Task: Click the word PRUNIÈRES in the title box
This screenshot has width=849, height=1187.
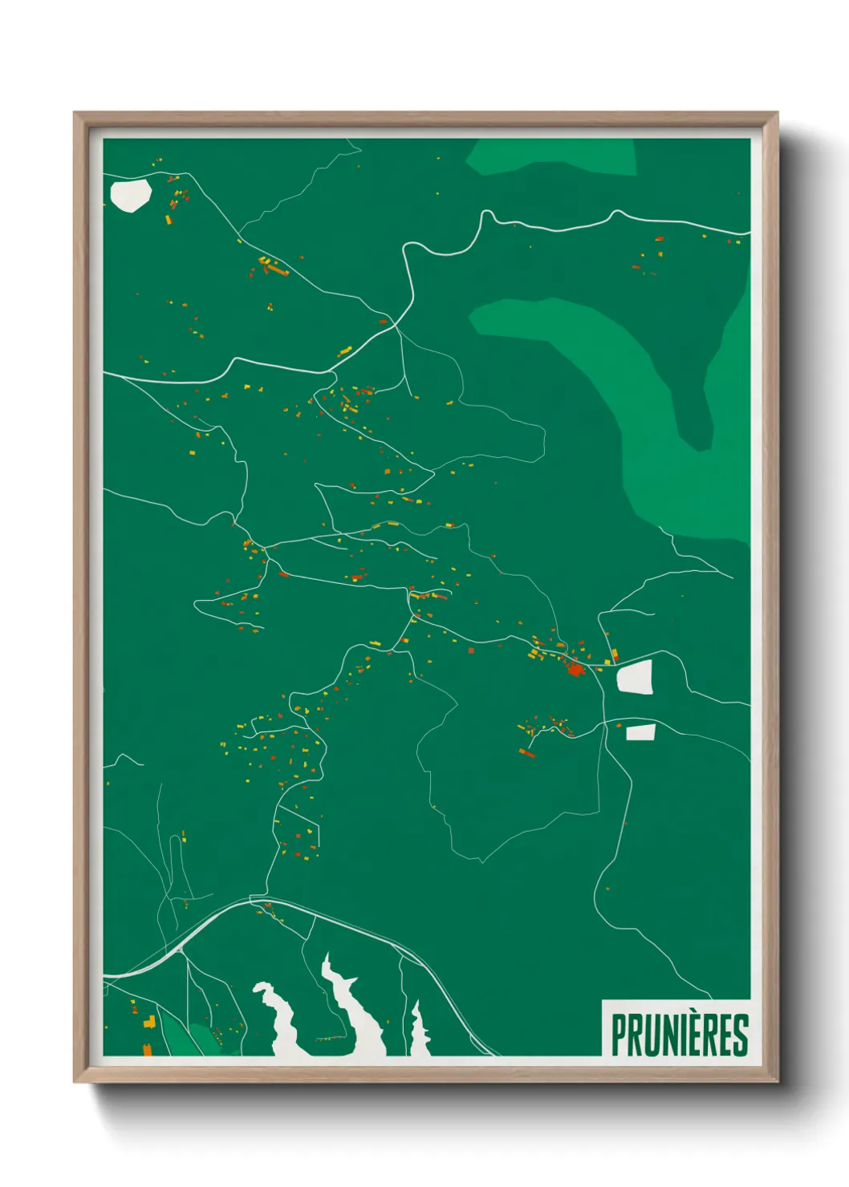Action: tap(679, 1035)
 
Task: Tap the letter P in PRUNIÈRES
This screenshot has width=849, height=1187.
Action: tap(619, 1035)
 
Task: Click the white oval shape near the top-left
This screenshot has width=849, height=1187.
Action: tap(131, 195)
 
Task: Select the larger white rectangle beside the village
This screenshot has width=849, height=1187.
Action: tap(634, 678)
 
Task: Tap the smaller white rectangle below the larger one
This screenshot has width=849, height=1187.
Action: tap(640, 731)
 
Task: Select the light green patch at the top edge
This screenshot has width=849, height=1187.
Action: tap(554, 156)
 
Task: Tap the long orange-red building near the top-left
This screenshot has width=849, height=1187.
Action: tap(277, 271)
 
